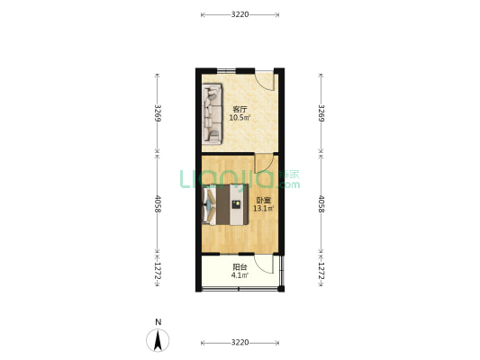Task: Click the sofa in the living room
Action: [212, 113]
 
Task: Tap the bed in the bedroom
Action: [225, 204]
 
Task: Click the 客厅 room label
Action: [240, 109]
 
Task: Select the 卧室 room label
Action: [263, 201]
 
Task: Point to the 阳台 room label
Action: [240, 267]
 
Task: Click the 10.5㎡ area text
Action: [240, 117]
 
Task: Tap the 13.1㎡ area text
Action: [263, 209]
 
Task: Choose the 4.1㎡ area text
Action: [240, 275]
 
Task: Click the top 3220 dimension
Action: [240, 14]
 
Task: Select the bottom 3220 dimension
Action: [240, 343]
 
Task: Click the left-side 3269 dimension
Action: [158, 113]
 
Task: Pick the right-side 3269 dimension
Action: [321, 113]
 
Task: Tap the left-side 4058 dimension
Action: [158, 204]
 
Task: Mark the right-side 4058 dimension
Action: [321, 204]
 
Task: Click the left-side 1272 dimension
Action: [158, 271]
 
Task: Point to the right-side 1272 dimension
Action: [321, 271]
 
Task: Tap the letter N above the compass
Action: [158, 322]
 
